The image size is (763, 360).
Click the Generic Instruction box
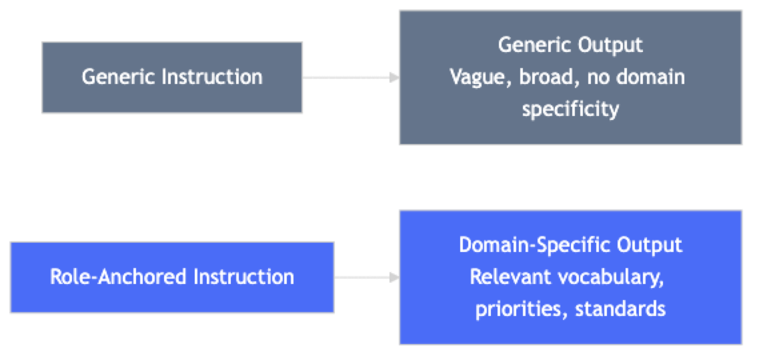click(172, 77)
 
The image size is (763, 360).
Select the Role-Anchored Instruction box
click(172, 277)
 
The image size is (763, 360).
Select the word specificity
click(570, 109)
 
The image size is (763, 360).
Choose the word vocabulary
click(610, 277)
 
